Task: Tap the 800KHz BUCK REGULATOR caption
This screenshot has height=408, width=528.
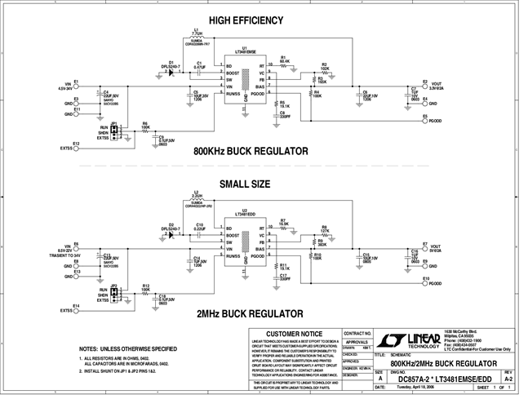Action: pyautogui.click(x=250, y=151)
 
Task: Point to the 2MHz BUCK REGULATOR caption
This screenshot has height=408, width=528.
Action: pyautogui.click(x=250, y=313)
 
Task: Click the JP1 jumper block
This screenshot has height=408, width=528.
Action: pyautogui.click(x=115, y=133)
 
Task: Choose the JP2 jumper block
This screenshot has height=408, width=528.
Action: pyautogui.click(x=115, y=295)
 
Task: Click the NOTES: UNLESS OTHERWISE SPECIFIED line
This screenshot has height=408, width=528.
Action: pyautogui.click(x=123, y=348)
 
